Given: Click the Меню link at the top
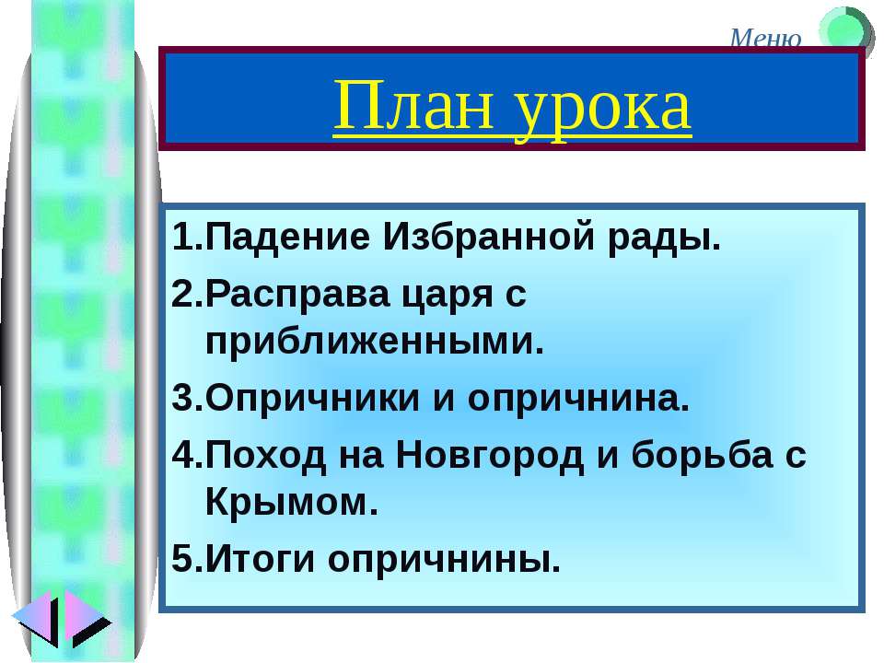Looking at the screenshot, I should (x=765, y=38).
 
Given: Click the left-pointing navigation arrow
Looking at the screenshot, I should (x=34, y=622).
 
